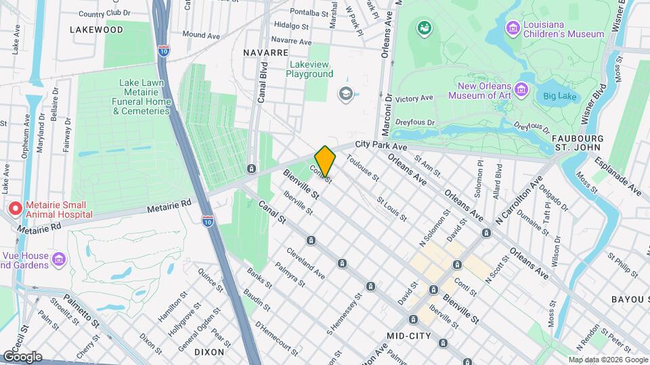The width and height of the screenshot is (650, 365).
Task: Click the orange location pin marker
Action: coord(326,161)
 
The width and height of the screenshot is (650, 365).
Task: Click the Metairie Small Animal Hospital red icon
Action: coord(14,209)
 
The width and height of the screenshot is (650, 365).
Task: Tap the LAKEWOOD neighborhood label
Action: coord(96,30)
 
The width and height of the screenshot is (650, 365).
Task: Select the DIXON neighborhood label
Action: coord(209,352)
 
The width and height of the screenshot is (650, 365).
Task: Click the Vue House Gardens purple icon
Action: coord(59,259)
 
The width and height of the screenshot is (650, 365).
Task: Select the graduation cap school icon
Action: coord(346,93)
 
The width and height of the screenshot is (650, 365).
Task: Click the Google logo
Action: coord(22,356)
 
